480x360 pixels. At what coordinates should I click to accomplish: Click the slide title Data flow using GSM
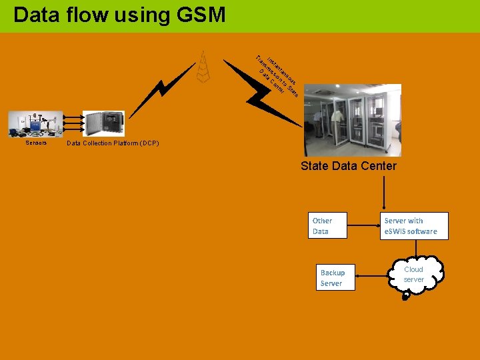coord(119,15)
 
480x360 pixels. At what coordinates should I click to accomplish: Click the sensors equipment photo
coord(35,124)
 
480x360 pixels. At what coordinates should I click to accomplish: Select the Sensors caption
coord(36,143)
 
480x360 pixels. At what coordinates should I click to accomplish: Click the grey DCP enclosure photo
coord(103,124)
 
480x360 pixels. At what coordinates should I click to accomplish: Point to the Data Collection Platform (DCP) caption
coord(113,143)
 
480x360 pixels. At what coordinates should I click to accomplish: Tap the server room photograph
coord(353,120)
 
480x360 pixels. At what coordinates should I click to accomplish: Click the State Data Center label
coord(348,166)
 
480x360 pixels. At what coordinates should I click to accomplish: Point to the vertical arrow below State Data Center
coord(383,190)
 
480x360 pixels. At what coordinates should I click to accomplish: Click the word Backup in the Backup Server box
coord(333,273)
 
